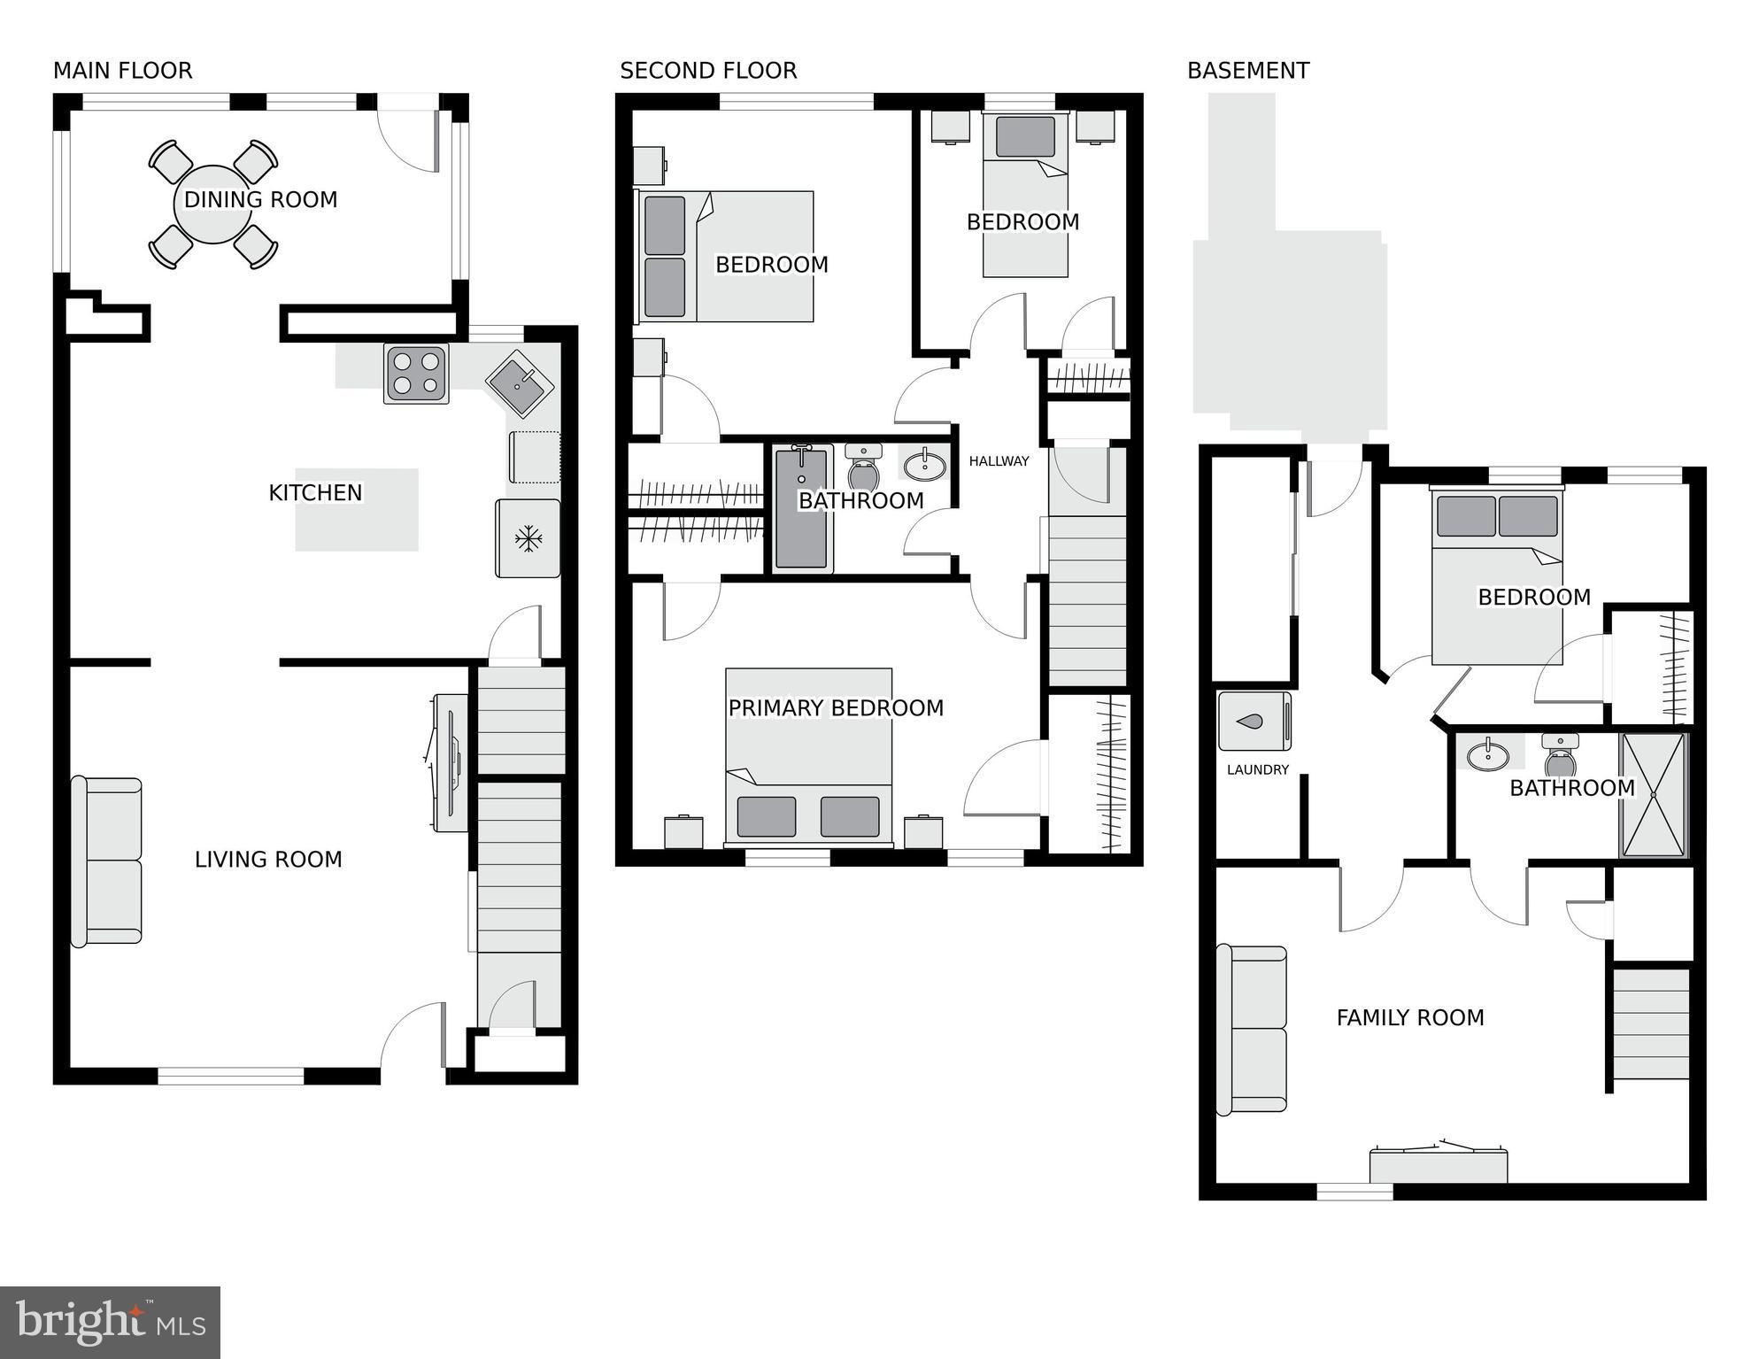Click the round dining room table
click(x=213, y=205)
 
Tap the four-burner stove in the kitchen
click(x=416, y=374)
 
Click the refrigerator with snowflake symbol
click(x=528, y=538)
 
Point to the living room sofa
click(x=107, y=861)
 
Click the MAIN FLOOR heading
click(x=122, y=71)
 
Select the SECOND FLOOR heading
click(x=708, y=71)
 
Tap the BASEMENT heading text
click(x=1247, y=71)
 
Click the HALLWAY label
click(x=999, y=461)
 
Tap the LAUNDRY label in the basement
click(x=1257, y=770)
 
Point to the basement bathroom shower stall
click(x=1653, y=795)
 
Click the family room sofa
click(x=1251, y=1029)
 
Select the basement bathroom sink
click(x=1488, y=755)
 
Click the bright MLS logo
click(x=110, y=1322)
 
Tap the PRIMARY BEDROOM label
click(x=836, y=708)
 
